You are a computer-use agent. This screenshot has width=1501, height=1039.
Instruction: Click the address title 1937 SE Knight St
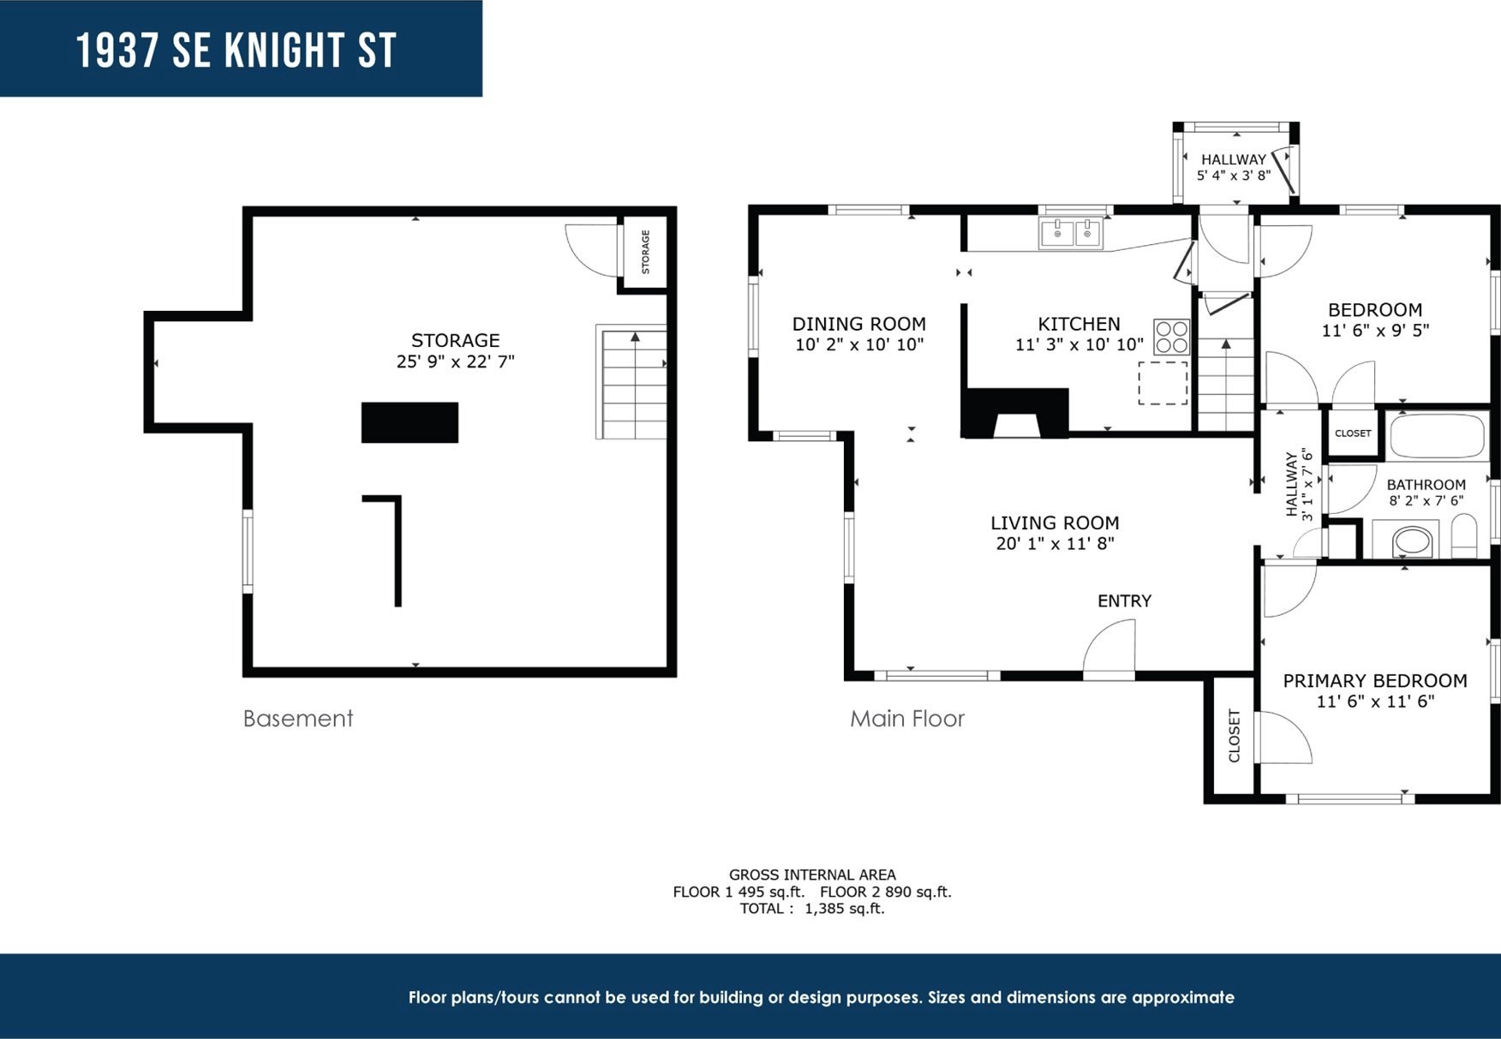point(236,51)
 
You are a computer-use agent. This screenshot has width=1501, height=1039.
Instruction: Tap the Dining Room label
point(858,324)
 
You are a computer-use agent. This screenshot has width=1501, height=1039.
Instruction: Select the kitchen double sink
point(1071,233)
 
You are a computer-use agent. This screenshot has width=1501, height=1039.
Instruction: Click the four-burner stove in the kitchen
point(1171,337)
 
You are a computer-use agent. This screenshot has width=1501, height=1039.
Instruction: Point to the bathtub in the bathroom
point(1438,436)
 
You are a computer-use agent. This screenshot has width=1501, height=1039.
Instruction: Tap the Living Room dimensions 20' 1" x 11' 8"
point(1055,543)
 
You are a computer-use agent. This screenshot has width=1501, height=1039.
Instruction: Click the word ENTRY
point(1124,601)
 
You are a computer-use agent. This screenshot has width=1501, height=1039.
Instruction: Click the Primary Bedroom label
point(1374,681)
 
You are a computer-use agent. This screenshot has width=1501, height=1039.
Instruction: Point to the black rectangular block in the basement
point(410,422)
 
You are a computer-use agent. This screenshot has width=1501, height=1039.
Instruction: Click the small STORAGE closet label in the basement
point(646,252)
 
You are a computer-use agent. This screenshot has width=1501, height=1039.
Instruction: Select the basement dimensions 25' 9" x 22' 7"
point(455,361)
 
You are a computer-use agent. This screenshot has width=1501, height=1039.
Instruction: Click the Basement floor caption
point(297,718)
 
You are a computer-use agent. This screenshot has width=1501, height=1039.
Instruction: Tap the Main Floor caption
point(906,718)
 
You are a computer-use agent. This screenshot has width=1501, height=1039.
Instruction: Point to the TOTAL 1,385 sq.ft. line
point(812,909)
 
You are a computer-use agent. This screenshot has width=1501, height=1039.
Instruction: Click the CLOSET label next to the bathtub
point(1353,433)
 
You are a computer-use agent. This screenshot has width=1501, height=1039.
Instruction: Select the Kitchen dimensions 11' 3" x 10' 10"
point(1079,344)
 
